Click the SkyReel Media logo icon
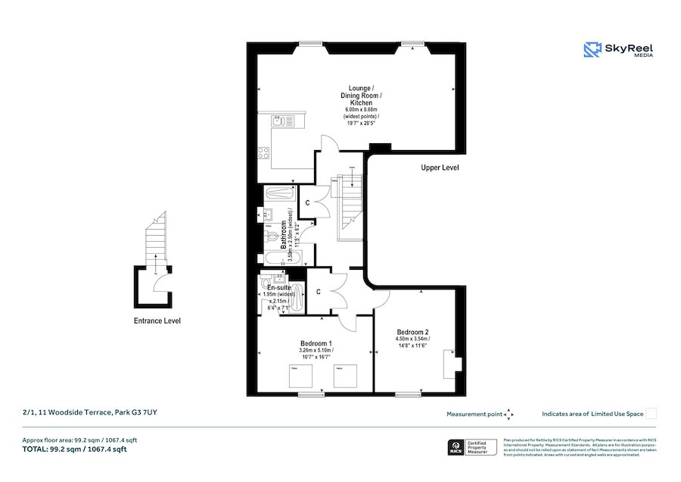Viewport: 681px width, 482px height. [x=592, y=50]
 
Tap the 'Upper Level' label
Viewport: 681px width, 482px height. [x=440, y=167]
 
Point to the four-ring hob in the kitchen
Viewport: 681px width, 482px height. [x=264, y=152]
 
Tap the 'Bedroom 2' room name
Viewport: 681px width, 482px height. [x=413, y=332]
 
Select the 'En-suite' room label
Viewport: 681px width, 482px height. [x=279, y=289]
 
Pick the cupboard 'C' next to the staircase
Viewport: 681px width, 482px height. [x=307, y=203]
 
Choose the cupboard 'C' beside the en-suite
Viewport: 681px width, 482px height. [x=319, y=291]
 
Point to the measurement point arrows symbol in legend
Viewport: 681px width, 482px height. [x=509, y=414]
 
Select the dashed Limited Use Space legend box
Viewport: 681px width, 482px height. [x=651, y=413]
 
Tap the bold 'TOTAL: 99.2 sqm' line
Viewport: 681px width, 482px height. [x=75, y=449]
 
